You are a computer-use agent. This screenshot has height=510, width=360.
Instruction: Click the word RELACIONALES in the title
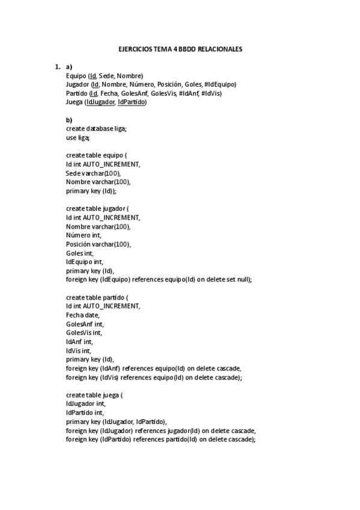(219, 49)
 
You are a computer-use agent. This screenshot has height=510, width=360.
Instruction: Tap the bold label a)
(69, 67)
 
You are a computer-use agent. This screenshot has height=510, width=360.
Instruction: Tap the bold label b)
(69, 120)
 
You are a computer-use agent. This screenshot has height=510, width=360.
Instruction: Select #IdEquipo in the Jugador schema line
(220, 85)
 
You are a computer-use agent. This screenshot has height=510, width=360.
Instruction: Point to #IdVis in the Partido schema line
(211, 93)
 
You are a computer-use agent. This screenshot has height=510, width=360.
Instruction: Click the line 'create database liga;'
(96, 129)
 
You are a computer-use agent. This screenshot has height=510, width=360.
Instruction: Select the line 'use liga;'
(78, 138)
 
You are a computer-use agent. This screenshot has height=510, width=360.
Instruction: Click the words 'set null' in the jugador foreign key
(238, 280)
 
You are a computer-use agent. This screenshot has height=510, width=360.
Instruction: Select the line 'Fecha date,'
(83, 315)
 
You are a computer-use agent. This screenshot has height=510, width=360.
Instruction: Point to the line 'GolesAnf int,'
(85, 324)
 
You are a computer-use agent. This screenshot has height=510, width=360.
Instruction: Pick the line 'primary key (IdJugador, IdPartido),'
(117, 422)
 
